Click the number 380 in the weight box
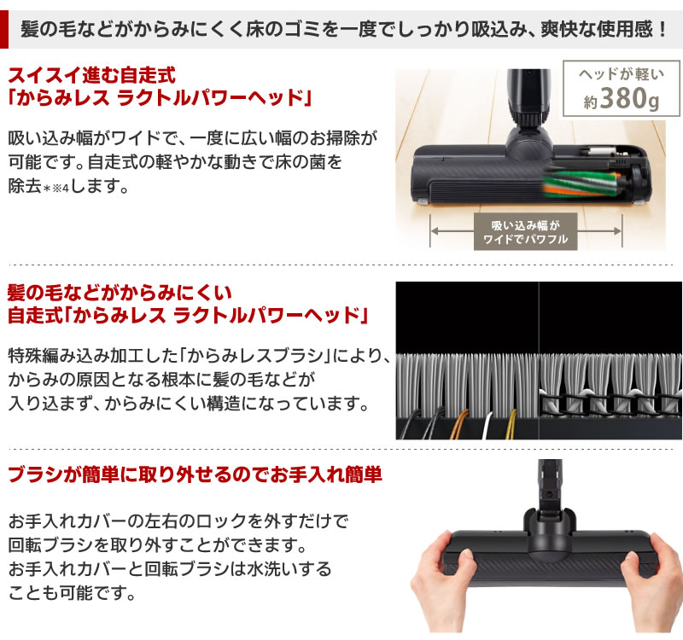click(x=624, y=101)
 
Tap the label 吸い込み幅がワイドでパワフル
click(x=520, y=232)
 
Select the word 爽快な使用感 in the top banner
click(x=590, y=31)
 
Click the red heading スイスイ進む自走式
click(x=96, y=73)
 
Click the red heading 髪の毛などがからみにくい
click(x=119, y=294)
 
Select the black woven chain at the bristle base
click(x=610, y=401)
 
